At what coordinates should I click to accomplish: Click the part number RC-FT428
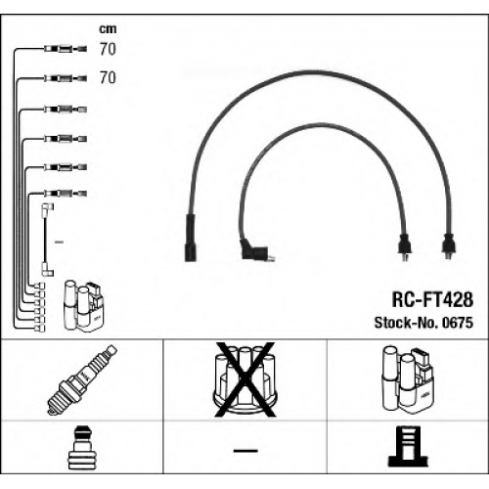pos(432,299)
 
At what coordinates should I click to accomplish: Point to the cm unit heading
pos(108,29)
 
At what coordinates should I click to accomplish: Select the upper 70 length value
pos(108,49)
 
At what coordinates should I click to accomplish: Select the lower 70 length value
pos(108,77)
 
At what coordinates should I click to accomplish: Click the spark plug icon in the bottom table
pos(82,380)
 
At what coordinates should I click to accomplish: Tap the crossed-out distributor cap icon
pos(244,379)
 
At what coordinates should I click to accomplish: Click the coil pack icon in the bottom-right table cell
pos(408,379)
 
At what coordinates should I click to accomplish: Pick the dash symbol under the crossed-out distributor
pos(245,451)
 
